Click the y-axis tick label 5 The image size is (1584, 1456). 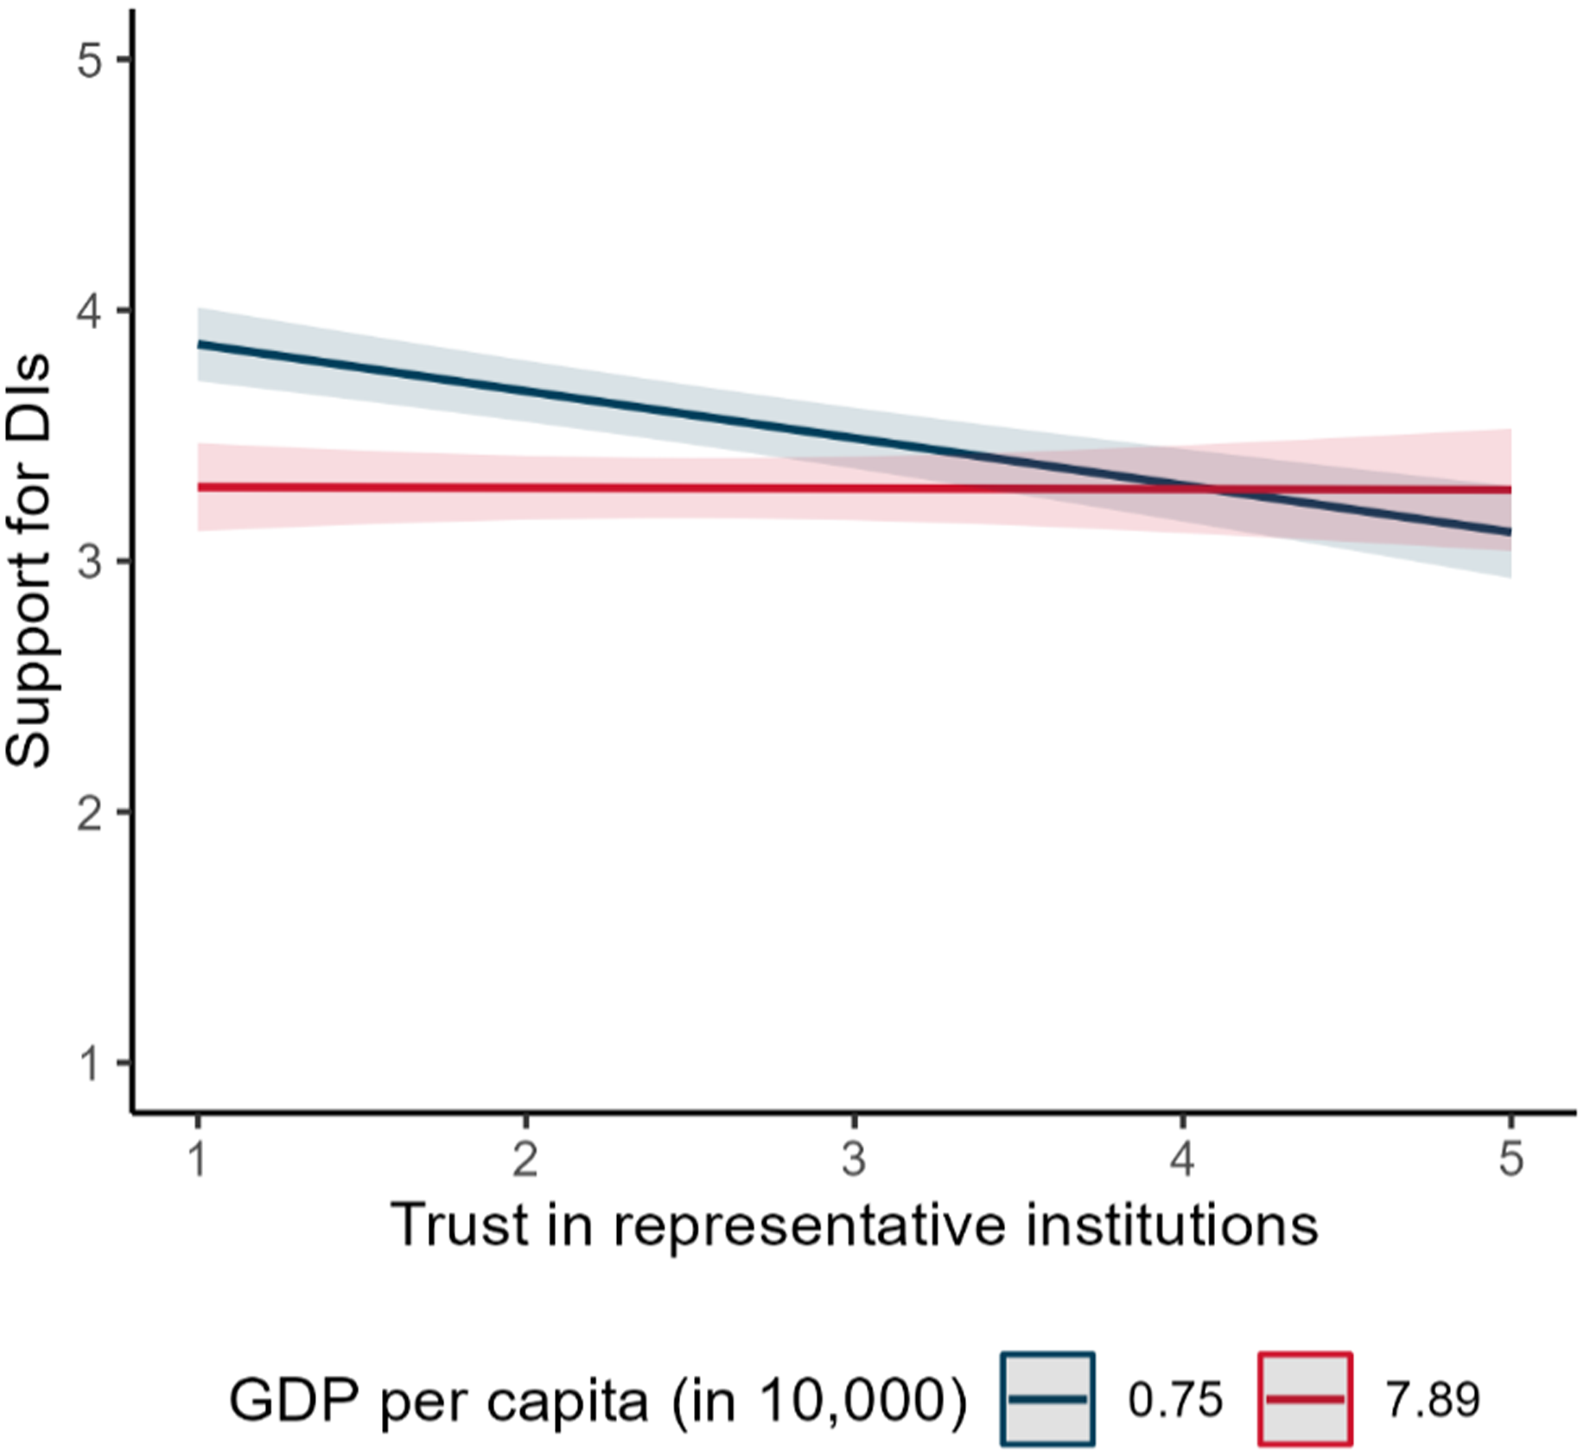[x=90, y=60]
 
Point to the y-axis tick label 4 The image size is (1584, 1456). [x=90, y=310]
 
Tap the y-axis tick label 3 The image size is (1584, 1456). [x=90, y=562]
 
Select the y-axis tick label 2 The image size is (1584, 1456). [x=90, y=812]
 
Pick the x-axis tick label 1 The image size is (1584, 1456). [x=198, y=1159]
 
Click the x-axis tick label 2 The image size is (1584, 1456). [x=525, y=1159]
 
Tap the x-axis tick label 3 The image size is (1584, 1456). [x=854, y=1159]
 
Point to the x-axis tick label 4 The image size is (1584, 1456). [x=1182, y=1159]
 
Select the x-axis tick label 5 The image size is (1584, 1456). [x=1510, y=1159]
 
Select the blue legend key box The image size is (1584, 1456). [x=1047, y=1398]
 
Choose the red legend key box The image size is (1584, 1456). [x=1304, y=1398]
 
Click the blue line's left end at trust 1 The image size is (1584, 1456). [x=200, y=344]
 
